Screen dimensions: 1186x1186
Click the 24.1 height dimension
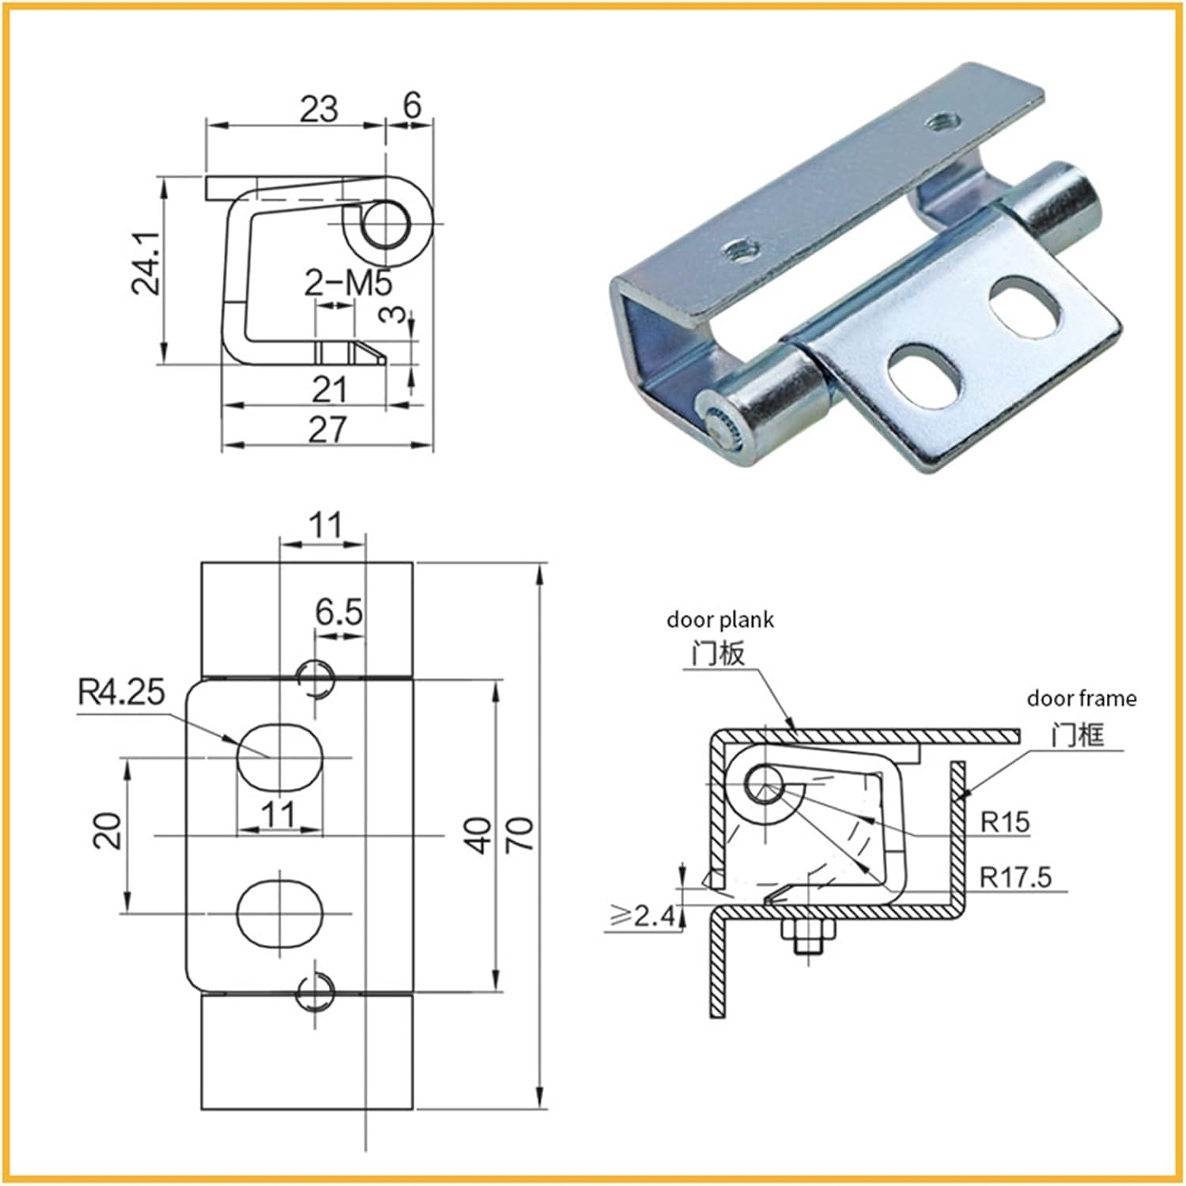coord(146,263)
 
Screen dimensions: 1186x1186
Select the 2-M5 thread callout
coord(348,282)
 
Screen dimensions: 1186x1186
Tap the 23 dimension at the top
coord(318,108)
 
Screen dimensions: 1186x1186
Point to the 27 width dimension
coord(327,429)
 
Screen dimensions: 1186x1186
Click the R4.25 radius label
coord(121,692)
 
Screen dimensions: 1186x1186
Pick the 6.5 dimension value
coord(338,612)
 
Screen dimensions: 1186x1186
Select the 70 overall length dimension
coord(519,835)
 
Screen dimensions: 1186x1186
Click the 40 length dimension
coord(478,835)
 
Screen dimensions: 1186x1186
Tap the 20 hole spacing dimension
coord(108,831)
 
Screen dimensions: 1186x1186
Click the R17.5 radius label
coord(1015,877)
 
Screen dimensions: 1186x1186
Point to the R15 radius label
coord(1005,822)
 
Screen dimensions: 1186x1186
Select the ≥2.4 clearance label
coord(643,916)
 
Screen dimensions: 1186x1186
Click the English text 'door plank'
coord(720,620)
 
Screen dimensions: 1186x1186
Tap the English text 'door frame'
coord(1081,698)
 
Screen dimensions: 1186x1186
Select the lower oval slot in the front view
coord(280,912)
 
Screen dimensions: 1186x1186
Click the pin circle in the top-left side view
coord(387,222)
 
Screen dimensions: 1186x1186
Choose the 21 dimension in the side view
coord(329,389)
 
